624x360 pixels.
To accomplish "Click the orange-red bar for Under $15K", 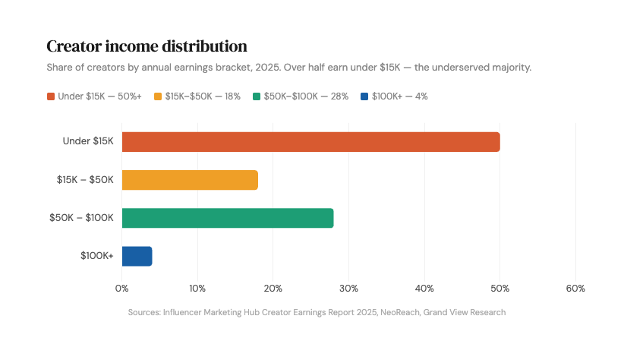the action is (x=310, y=142).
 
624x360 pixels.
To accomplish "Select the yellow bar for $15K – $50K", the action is (x=190, y=180).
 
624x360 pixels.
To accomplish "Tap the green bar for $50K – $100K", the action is (x=228, y=218).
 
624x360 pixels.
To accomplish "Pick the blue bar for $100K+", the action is (x=137, y=256).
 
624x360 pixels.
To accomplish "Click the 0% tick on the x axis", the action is (x=121, y=289).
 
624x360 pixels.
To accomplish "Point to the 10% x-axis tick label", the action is (x=197, y=289).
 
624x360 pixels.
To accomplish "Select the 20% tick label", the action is (x=273, y=289).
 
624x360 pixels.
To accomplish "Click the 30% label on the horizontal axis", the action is (x=348, y=289).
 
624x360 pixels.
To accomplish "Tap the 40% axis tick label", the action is (x=424, y=289).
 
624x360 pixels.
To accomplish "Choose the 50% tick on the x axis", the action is (x=500, y=289).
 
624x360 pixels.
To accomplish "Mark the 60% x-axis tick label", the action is (x=575, y=289).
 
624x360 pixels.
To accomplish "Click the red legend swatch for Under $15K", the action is (x=51, y=96).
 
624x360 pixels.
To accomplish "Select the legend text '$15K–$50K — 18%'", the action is (x=203, y=96).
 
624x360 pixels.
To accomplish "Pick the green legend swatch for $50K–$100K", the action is (x=257, y=96).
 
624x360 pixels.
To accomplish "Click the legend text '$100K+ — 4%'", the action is (x=399, y=96).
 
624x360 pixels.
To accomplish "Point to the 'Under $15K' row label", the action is (x=88, y=141).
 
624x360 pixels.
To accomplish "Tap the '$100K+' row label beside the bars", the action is (x=97, y=256).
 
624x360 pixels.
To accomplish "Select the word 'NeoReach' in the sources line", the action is (x=400, y=312).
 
